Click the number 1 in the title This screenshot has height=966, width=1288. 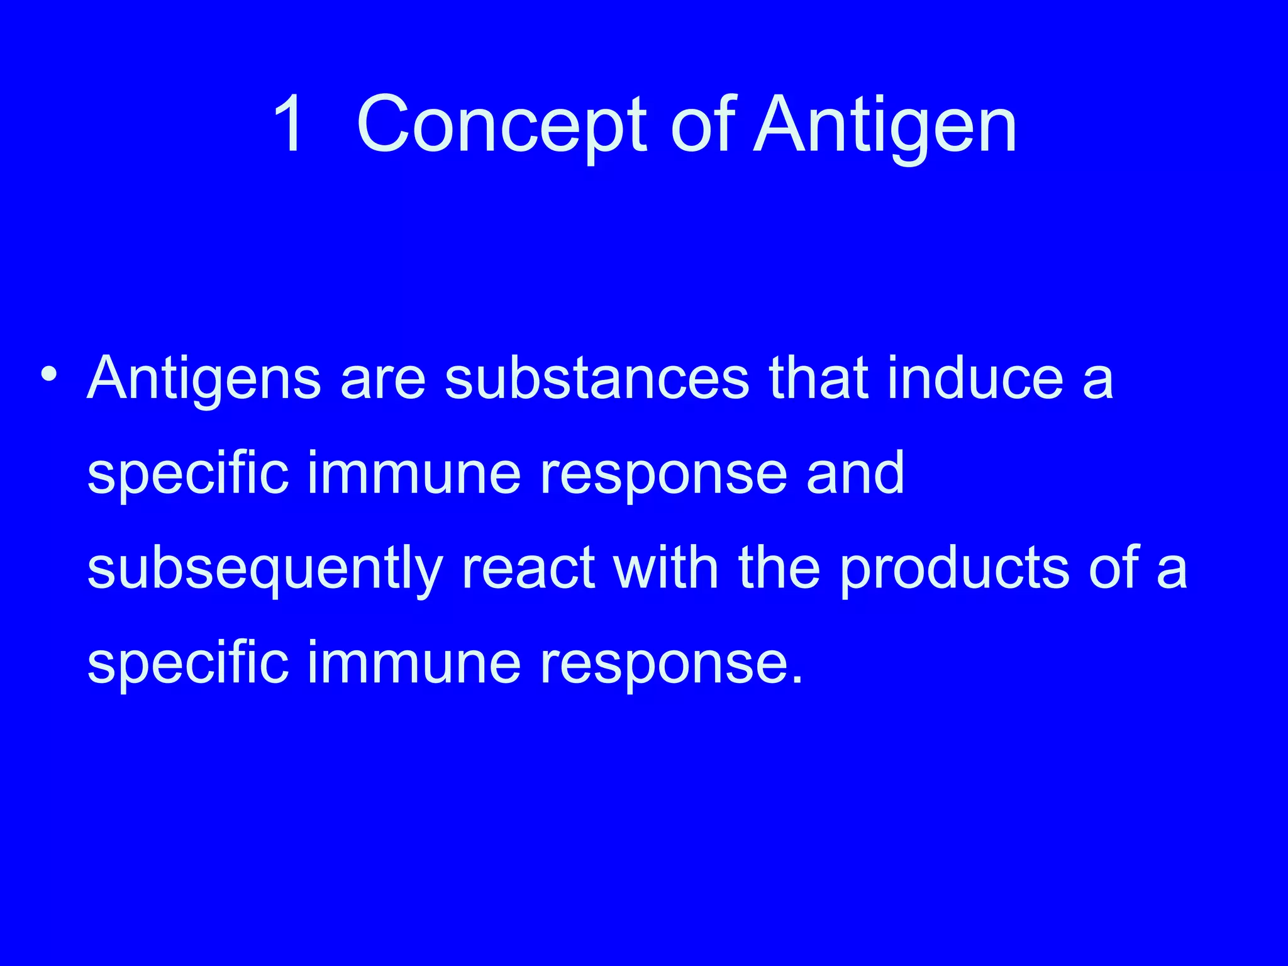291,124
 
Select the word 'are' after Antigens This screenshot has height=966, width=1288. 383,379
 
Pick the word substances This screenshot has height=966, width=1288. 597,378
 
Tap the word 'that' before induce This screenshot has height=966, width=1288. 818,378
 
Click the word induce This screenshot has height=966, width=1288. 975,378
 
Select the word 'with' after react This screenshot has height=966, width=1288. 667,567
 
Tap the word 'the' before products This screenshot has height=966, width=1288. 779,567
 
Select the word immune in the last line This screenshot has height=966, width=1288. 414,663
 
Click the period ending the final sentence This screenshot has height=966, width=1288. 797,679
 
